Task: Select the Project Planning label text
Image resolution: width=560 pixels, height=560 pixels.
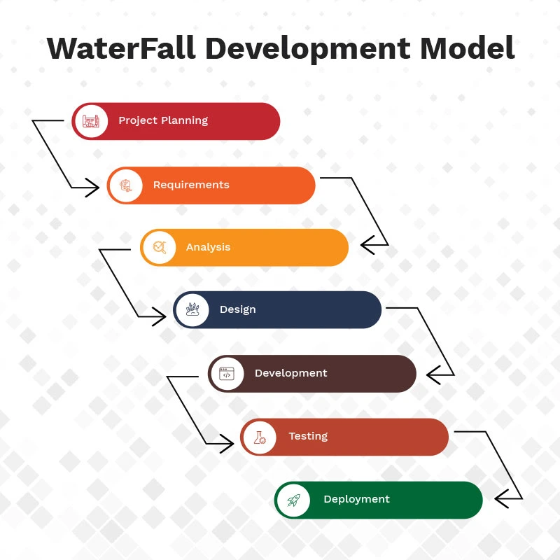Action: pos(163,120)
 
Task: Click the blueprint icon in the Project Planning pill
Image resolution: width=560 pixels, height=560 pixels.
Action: pos(91,121)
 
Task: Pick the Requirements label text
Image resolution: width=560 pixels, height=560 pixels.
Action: pos(191,185)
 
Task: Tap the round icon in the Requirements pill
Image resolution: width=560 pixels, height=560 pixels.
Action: pos(125,185)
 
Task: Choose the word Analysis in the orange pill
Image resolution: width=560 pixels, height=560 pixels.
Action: pos(208,247)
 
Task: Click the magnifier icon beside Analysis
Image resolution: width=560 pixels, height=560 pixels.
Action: pos(159,247)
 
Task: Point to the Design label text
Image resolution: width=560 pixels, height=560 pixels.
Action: pos(237,309)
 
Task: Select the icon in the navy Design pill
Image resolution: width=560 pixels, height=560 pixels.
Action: pos(192,309)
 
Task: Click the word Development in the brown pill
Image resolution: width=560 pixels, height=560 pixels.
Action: pos(290,373)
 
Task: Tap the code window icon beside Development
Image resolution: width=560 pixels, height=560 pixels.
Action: pos(226,373)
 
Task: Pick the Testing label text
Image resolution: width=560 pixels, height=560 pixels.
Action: pos(308,436)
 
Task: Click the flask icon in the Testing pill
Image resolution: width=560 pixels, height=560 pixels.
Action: pos(259,437)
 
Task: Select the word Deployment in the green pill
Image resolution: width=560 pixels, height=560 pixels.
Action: pos(356,499)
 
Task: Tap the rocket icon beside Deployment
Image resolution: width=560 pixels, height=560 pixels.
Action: pos(293,500)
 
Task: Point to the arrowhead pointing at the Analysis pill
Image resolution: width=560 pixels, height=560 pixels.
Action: pos(367,245)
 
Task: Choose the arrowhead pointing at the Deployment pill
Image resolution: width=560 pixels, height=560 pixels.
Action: pos(502,498)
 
